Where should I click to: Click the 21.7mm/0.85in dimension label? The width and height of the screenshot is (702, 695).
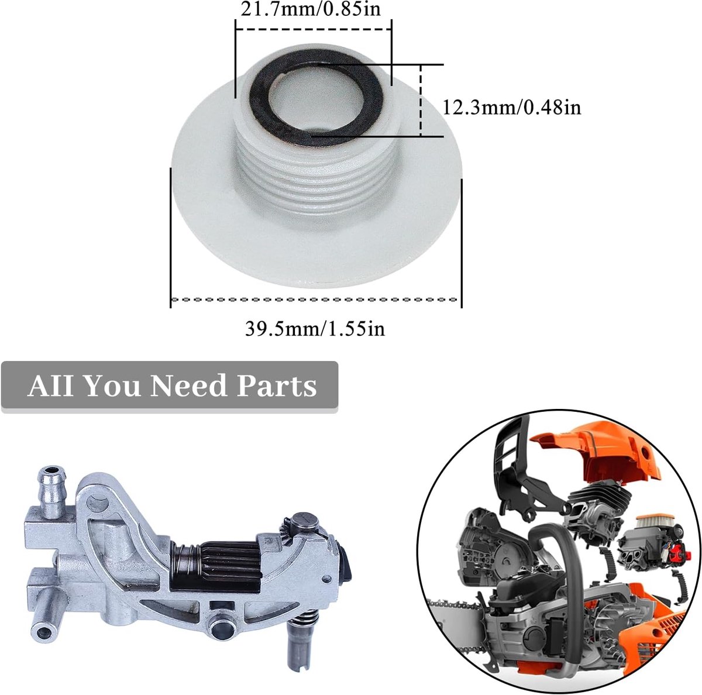pos(311,9)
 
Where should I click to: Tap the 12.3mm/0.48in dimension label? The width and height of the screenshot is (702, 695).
pos(512,108)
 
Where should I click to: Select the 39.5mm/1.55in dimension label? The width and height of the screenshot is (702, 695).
pos(315,329)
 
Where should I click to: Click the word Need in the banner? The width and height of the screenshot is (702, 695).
pos(188,386)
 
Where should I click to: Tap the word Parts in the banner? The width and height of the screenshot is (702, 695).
pos(277,387)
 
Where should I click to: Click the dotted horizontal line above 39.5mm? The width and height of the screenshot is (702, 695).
pos(314,300)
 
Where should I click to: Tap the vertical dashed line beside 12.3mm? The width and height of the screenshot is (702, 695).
pos(421,101)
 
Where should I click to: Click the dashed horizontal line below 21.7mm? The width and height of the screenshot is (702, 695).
pos(314,29)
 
